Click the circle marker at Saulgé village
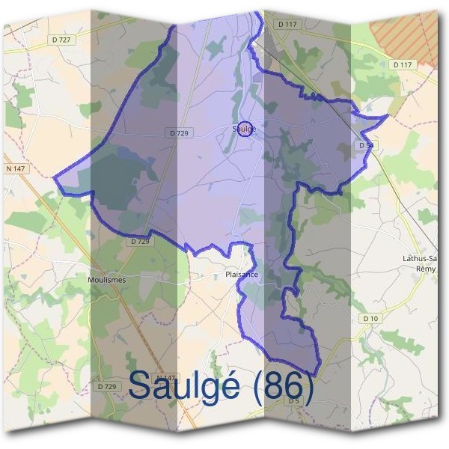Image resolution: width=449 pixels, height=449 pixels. [245, 129]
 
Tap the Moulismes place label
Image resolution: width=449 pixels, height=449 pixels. [106, 279]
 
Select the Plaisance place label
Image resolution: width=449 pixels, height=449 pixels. [241, 275]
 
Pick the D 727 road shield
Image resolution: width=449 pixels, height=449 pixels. [61, 39]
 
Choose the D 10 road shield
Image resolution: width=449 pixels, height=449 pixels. [370, 319]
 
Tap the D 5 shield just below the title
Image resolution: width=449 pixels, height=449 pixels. [294, 401]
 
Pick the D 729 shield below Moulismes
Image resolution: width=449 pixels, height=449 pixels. [107, 386]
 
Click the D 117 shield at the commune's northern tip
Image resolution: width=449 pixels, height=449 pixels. [287, 24]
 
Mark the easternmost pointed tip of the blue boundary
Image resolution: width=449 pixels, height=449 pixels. [387, 116]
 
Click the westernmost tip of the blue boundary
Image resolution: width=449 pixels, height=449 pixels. [55, 177]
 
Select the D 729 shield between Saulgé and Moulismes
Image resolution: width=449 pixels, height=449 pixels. [140, 241]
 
